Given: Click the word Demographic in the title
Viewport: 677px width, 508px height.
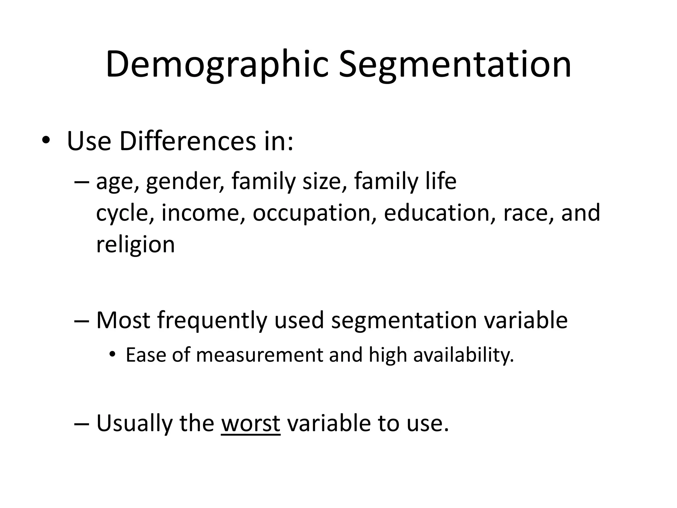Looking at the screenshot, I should (x=217, y=65).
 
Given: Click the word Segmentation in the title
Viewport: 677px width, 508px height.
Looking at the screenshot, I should (x=455, y=65).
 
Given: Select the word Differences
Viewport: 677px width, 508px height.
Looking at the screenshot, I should (x=187, y=142).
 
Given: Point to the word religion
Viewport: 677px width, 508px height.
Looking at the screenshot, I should (x=135, y=245).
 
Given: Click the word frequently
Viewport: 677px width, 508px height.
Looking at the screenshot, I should (x=212, y=321).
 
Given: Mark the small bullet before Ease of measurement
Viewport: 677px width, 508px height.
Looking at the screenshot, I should (x=113, y=355).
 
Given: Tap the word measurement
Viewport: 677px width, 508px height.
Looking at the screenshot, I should (x=259, y=355).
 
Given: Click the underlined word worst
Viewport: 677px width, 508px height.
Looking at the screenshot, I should (x=251, y=423).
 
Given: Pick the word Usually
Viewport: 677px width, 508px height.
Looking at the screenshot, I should (x=134, y=424).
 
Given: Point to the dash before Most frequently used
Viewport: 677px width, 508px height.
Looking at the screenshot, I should (x=81, y=320).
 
